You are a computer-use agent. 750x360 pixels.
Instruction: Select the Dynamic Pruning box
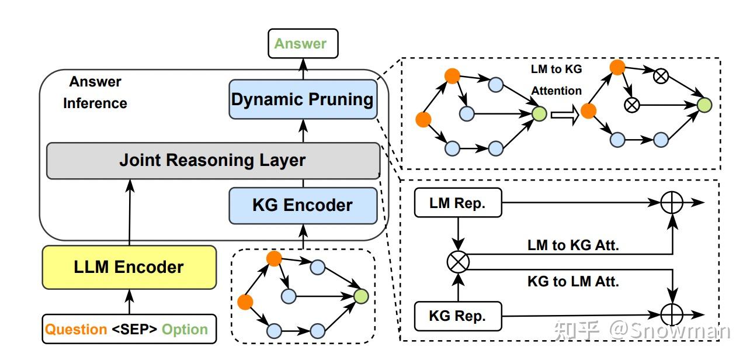(303, 99)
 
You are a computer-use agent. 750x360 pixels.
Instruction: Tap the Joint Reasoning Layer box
(213, 160)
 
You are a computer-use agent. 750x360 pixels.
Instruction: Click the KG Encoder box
(303, 206)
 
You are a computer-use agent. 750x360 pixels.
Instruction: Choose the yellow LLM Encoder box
(129, 268)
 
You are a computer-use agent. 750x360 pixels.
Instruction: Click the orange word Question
(76, 330)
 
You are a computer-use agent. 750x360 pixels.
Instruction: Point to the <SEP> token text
(134, 330)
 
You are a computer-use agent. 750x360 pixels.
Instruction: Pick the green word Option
(185, 330)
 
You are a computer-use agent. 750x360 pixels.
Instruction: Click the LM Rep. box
(457, 203)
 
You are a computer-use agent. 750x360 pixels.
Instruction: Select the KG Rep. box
(457, 316)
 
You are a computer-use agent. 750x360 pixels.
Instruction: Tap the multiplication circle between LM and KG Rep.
(458, 262)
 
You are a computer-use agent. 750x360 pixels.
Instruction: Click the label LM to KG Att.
(573, 245)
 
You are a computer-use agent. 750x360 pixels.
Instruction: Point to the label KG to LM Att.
(573, 281)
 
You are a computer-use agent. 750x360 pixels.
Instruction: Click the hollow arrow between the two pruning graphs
(564, 115)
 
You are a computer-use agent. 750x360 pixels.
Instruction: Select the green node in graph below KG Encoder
(361, 296)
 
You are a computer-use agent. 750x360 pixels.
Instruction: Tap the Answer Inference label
(95, 92)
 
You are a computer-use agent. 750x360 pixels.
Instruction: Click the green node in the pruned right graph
(705, 105)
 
